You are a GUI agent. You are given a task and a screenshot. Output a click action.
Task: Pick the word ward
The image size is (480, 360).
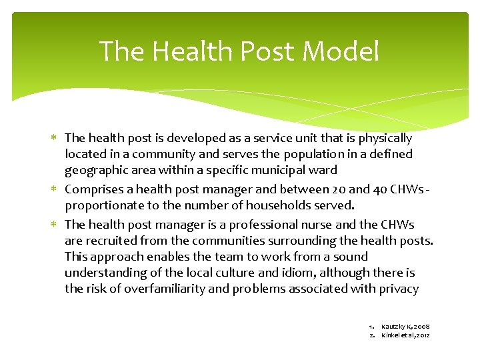pos(324,170)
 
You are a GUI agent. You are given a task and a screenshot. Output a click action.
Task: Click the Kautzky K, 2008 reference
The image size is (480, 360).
pos(405,326)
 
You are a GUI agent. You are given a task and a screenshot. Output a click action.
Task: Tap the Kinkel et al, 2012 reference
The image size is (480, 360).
pos(405,335)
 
